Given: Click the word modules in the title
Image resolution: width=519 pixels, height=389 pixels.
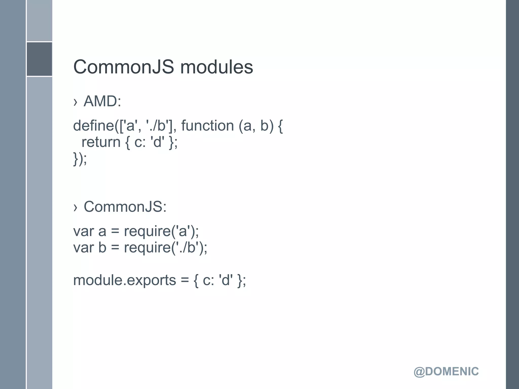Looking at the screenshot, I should (x=216, y=67).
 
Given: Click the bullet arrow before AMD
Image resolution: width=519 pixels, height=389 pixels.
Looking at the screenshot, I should (x=75, y=102).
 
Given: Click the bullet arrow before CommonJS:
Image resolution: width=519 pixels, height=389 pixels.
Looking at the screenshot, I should (x=75, y=207).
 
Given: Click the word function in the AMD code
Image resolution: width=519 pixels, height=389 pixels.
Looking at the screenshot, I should (x=207, y=126).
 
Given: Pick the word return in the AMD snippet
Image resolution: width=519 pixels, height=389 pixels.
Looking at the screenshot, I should (x=101, y=142).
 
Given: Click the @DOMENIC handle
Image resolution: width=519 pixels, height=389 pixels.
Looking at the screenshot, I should (x=446, y=372).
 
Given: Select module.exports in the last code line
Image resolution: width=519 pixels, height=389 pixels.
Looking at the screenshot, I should (x=124, y=280).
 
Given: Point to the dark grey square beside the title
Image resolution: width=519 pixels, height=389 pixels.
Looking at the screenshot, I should (x=39, y=59).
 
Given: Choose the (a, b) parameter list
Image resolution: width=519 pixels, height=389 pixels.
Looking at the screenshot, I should (x=256, y=126).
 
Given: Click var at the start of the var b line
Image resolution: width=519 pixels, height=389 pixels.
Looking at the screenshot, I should (x=83, y=248).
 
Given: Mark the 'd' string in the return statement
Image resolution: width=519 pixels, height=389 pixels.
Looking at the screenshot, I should (x=157, y=142).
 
